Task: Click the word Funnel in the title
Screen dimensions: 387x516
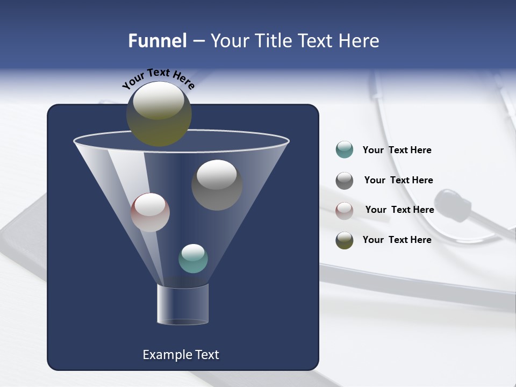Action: tap(157, 41)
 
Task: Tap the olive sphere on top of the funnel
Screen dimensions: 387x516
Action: tap(159, 113)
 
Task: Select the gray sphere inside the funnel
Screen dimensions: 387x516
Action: tap(217, 185)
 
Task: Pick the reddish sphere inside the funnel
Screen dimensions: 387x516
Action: tap(150, 212)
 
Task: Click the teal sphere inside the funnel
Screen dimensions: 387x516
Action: tap(193, 259)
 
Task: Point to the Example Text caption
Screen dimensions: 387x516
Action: tap(181, 355)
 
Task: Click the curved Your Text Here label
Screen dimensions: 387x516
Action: tap(158, 78)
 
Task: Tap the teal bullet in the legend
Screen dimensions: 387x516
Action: tap(345, 149)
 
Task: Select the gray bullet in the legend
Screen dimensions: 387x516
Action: tap(345, 181)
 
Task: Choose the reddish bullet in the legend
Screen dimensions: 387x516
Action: tap(345, 210)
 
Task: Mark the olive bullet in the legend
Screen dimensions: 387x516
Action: tap(345, 240)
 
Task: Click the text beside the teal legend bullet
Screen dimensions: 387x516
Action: tap(397, 150)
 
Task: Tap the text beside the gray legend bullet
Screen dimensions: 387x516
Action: tap(398, 180)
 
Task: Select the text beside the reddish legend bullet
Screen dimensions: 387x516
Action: tap(399, 210)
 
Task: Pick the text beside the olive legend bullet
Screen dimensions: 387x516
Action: tap(397, 240)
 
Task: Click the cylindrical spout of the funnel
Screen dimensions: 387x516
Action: tap(182, 305)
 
